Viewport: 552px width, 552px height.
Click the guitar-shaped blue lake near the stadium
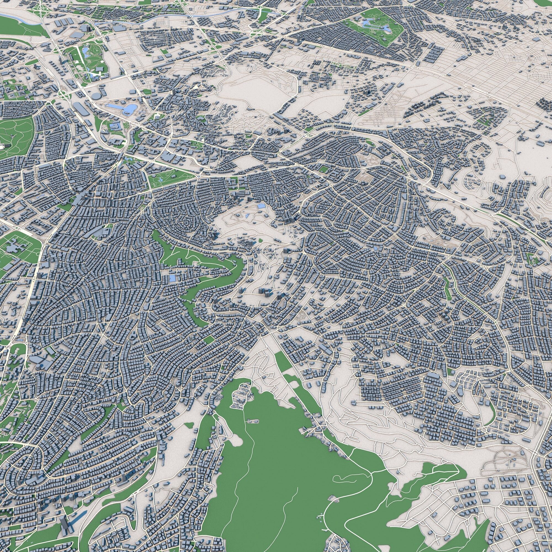126,108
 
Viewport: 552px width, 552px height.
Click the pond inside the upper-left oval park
85,51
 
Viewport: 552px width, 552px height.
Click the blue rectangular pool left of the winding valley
173,278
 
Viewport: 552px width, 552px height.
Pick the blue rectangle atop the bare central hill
261,206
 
